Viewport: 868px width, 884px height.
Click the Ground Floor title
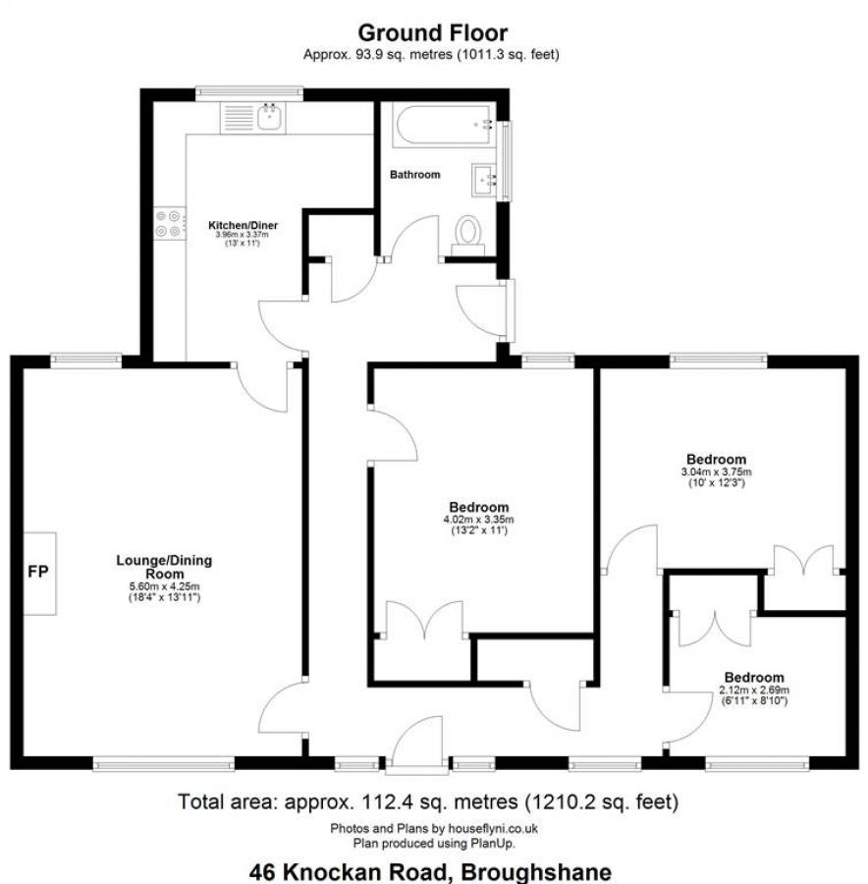[x=432, y=32]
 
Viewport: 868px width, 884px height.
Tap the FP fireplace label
[x=38, y=572]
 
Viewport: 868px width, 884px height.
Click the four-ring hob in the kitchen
[x=169, y=223]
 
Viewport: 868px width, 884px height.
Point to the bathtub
[x=444, y=125]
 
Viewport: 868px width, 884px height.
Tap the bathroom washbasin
[x=485, y=181]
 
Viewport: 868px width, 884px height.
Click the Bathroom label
[x=414, y=175]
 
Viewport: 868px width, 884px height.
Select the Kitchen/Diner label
[x=243, y=226]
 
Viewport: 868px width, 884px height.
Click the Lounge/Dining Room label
[x=164, y=567]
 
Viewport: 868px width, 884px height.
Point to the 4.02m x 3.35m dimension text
[x=478, y=520]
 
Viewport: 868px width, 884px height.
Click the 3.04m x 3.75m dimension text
[x=716, y=471]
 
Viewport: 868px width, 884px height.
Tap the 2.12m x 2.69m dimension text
[x=754, y=691]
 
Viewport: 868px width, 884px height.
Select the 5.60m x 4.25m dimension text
[x=164, y=587]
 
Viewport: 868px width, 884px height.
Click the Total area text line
[x=428, y=801]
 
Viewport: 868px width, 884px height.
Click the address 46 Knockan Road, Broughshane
[x=430, y=871]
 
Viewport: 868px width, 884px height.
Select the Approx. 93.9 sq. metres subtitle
[x=431, y=55]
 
